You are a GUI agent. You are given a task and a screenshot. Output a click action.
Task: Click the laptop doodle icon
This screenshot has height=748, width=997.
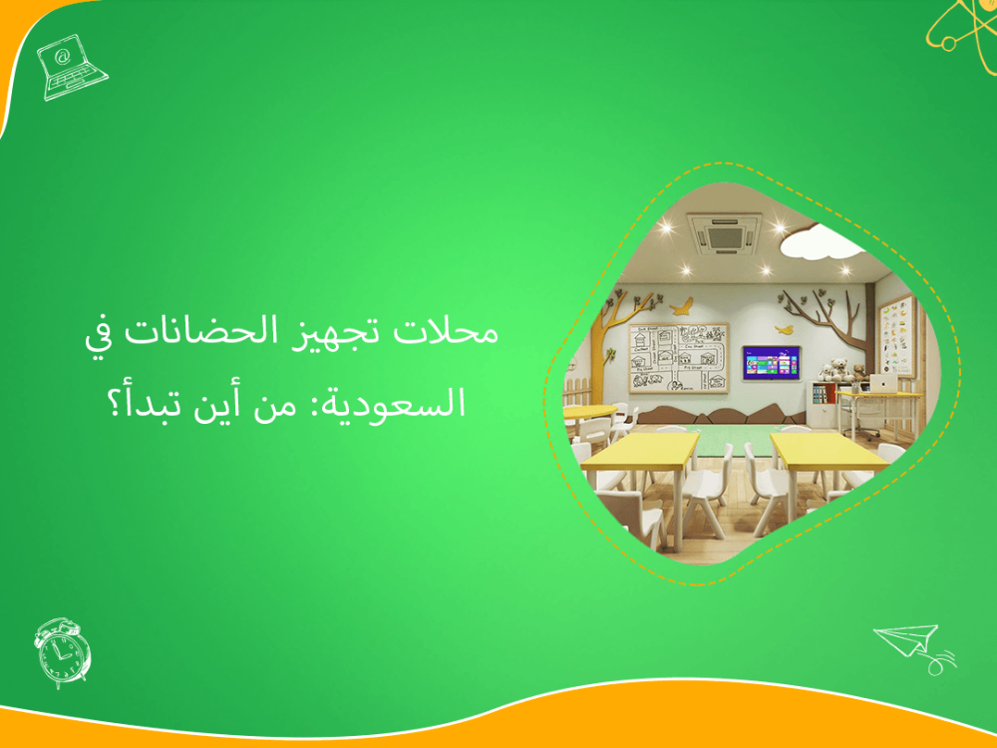click(x=70, y=68)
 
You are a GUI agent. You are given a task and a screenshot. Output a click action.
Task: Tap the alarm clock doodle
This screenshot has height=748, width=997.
click(x=63, y=652)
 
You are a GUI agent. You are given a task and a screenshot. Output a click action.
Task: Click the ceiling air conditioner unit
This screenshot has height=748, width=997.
click(x=725, y=235)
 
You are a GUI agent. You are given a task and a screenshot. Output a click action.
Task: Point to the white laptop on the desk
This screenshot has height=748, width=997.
click(x=882, y=383)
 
